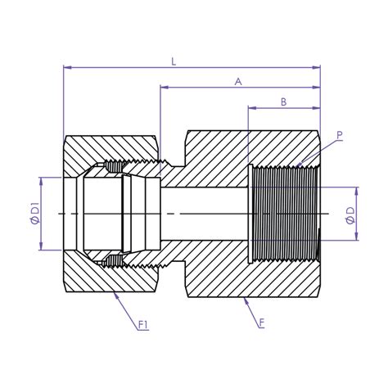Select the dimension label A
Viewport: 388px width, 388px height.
click(x=238, y=81)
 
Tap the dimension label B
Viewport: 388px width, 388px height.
click(x=283, y=102)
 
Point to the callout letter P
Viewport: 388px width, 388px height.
click(x=340, y=135)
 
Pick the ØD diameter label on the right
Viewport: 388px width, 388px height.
click(x=350, y=214)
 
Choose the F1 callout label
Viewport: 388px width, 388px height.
click(x=142, y=326)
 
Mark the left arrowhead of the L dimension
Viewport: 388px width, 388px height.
click(x=66, y=67)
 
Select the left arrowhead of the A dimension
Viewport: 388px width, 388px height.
click(x=164, y=88)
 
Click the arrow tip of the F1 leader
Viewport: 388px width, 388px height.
click(x=115, y=293)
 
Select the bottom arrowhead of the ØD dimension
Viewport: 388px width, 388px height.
click(x=357, y=237)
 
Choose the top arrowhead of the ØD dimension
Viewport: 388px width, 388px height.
click(x=357, y=190)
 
